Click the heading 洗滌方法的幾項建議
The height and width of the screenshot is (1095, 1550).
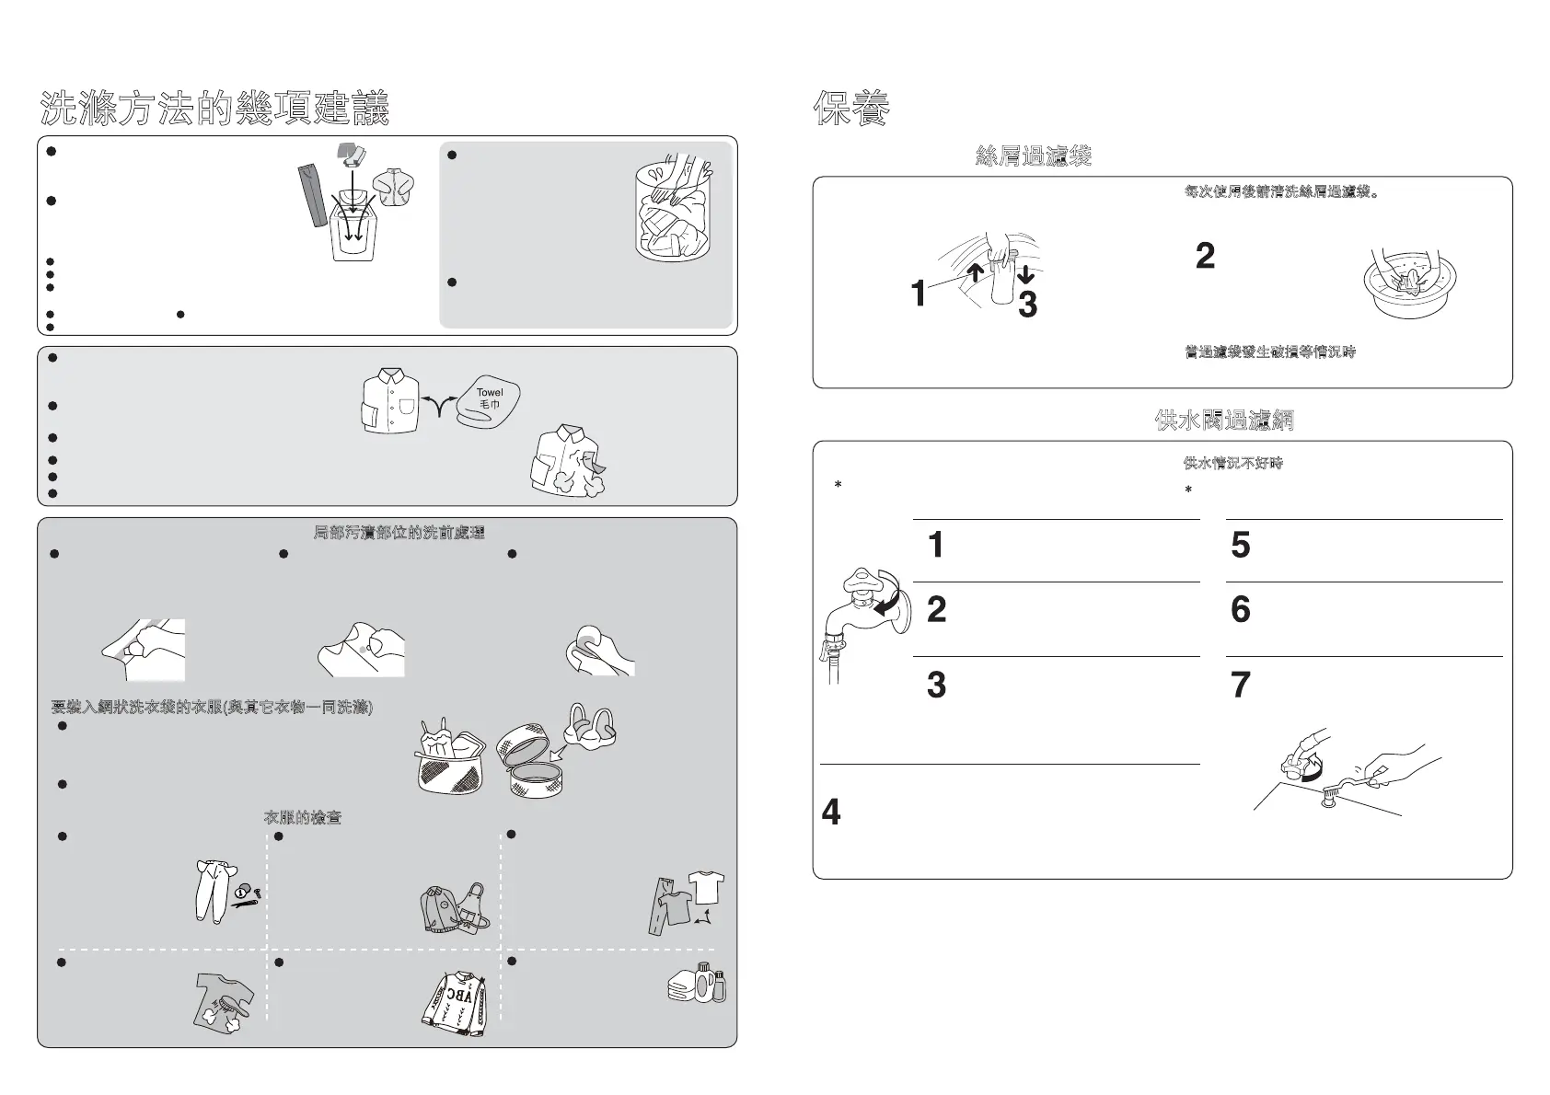point(214,109)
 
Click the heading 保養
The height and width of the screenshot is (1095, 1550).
point(851,109)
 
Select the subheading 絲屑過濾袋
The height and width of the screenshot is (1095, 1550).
point(1033,156)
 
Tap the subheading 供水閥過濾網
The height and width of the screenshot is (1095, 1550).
point(1224,421)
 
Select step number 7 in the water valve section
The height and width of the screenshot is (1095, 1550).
point(1241,686)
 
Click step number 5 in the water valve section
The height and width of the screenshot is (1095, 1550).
point(1241,545)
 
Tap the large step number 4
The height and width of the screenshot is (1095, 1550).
point(830,813)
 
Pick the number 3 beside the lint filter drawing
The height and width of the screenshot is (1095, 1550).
point(1027,305)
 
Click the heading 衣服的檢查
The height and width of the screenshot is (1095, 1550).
point(303,817)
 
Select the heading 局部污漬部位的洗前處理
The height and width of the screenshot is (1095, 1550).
point(399,533)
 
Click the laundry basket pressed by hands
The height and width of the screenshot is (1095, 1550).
point(676,210)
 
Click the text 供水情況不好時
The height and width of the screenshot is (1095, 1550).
point(1232,463)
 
